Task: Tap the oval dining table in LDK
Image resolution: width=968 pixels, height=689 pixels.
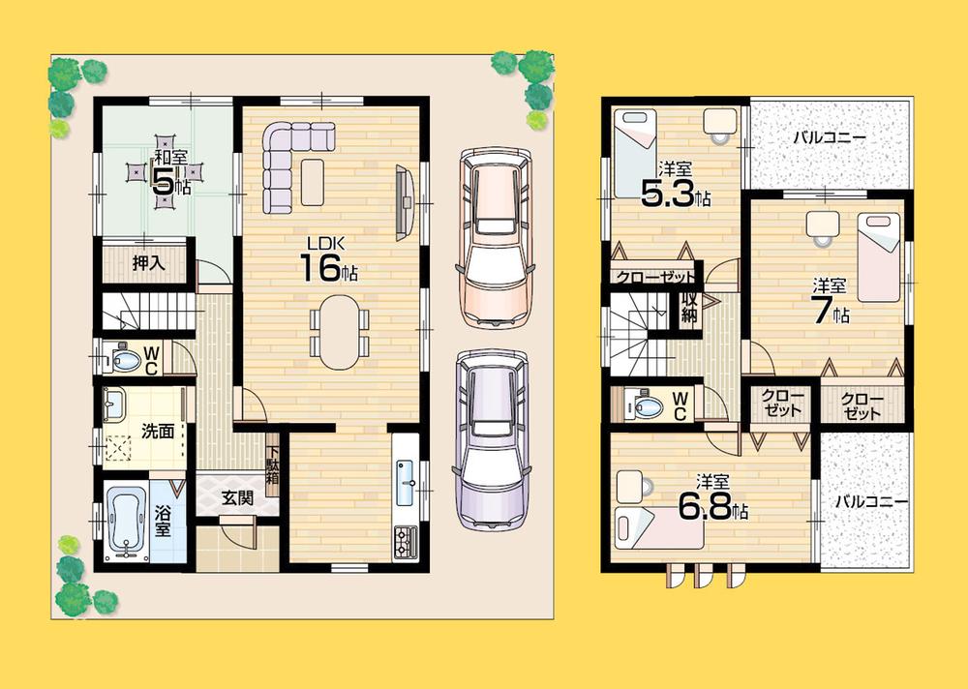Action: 338,332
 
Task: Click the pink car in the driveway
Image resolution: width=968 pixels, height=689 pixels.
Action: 494,237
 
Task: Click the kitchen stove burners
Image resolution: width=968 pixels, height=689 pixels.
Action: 405,540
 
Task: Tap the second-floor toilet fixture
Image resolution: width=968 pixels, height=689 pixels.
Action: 640,404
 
